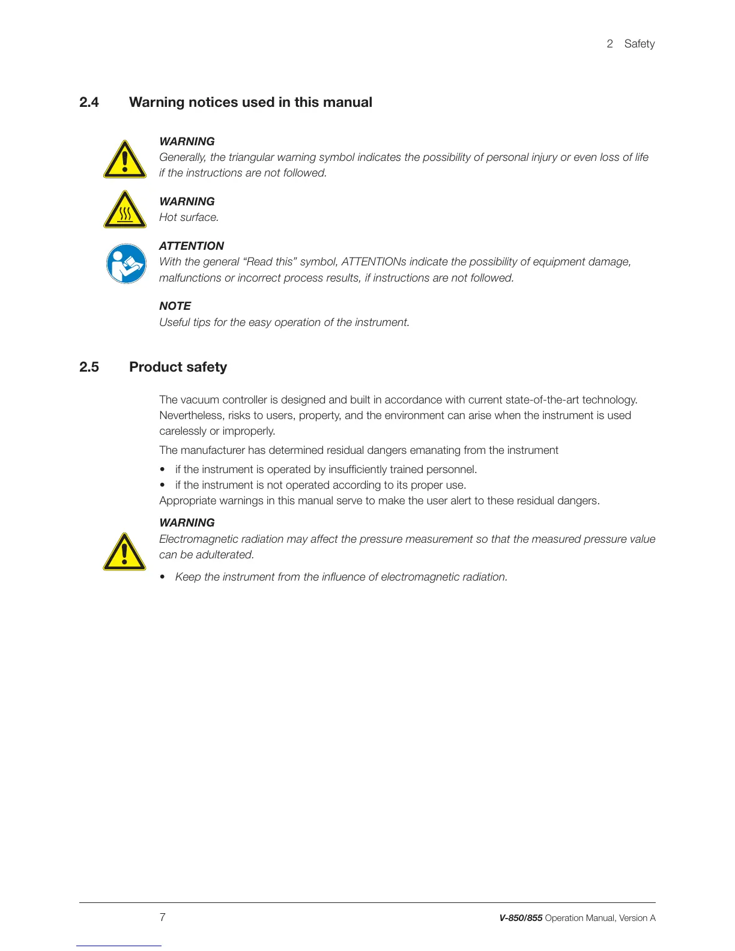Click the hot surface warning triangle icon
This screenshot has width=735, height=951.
point(125,210)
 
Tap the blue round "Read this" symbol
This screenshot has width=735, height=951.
point(126,264)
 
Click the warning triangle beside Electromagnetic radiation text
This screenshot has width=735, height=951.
point(124,552)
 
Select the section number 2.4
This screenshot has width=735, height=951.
point(89,103)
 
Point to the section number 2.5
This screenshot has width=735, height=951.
point(89,367)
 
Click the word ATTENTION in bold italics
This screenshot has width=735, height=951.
point(191,246)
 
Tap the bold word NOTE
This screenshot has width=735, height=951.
point(175,306)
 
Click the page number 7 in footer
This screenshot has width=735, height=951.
point(162,917)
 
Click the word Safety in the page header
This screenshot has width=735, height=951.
point(639,44)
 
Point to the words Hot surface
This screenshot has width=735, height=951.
point(189,217)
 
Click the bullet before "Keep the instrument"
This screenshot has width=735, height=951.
point(163,577)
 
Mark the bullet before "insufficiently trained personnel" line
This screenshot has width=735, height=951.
point(163,469)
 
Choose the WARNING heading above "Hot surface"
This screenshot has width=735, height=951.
point(187,202)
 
